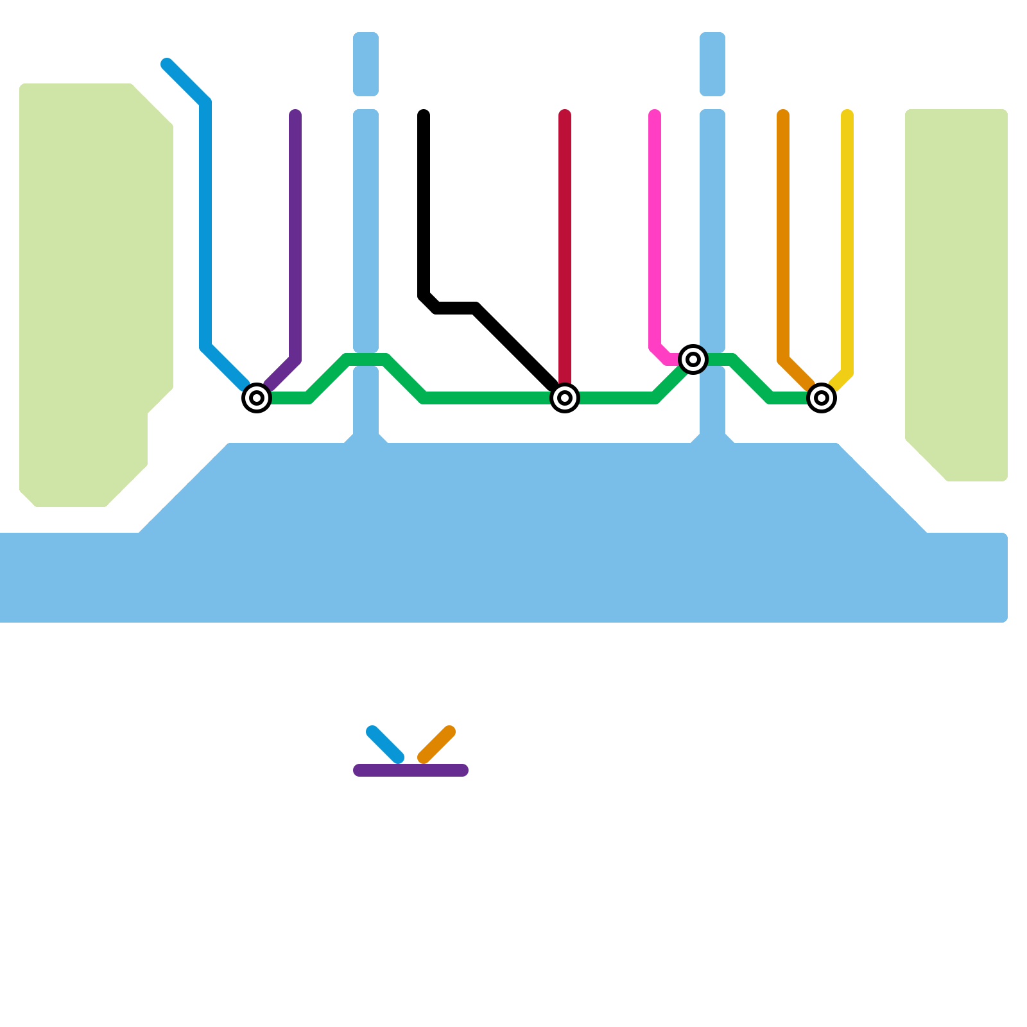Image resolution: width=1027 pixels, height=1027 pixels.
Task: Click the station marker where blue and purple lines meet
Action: point(257,398)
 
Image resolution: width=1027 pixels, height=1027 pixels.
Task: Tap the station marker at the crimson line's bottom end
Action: point(565,398)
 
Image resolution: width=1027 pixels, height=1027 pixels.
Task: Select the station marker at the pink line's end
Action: point(693,359)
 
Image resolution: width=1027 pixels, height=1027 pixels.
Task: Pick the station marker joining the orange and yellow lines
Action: point(822,398)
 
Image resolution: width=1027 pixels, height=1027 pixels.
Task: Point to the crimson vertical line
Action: point(565,244)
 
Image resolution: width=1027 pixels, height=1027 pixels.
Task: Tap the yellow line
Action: point(847,244)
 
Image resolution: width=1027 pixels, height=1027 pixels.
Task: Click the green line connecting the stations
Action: point(488,398)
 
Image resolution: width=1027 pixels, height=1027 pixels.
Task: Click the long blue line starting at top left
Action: point(205,225)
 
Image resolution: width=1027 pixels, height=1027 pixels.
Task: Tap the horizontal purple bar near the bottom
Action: point(411,770)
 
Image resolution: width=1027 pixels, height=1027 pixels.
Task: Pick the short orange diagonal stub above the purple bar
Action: point(436,745)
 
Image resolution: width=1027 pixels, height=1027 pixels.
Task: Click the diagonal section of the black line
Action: point(513,347)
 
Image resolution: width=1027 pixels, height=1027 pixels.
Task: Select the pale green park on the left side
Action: point(90,289)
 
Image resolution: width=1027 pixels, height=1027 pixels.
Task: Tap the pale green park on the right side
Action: point(956,289)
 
